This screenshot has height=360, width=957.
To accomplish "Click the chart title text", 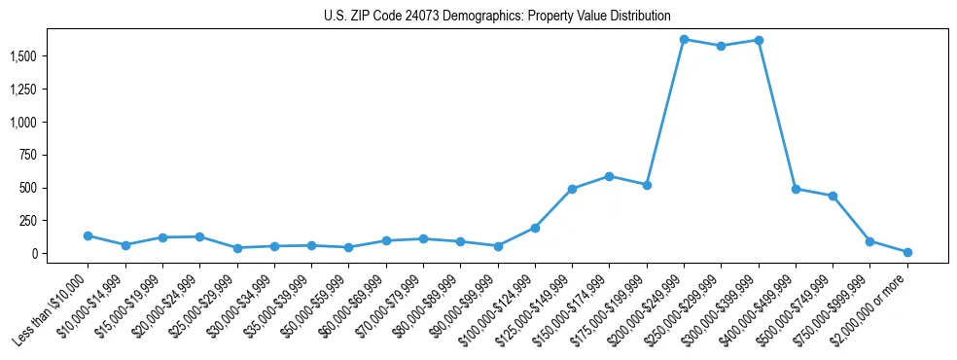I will tap(497, 17).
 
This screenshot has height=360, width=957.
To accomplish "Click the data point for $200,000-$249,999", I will tap(684, 40).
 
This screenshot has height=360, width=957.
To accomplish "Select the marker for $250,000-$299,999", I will tap(721, 46).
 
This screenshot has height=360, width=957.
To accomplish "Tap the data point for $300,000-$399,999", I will tap(759, 40).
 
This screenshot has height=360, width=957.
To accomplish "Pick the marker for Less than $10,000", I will tap(88, 235).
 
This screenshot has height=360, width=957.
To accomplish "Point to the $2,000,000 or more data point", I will tap(907, 252).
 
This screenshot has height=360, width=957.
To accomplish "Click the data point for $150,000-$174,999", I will tap(609, 176).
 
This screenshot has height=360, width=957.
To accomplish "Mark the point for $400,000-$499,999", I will tap(796, 189).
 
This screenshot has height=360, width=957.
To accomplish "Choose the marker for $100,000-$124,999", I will tap(535, 228).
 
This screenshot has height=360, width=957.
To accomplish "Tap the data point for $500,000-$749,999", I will tap(833, 196).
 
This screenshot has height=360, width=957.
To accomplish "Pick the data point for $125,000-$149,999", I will tap(572, 189).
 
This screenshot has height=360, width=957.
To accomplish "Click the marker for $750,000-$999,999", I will tap(869, 241).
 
